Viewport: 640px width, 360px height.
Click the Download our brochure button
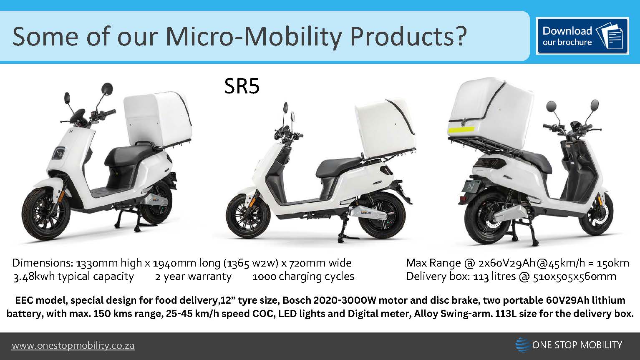[582, 36]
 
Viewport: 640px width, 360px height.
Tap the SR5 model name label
[242, 86]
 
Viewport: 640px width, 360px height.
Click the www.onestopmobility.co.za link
[73, 346]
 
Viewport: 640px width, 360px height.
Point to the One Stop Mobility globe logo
[522, 345]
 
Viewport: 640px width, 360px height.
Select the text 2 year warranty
[193, 277]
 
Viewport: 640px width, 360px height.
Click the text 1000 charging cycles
[303, 277]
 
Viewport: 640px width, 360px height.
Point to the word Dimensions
[43, 263]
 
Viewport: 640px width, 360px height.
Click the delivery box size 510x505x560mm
[574, 277]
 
